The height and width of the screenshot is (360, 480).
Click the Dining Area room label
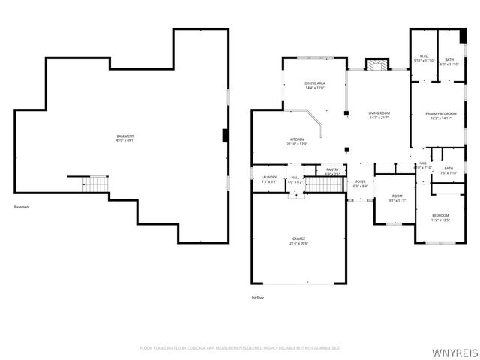coord(314,85)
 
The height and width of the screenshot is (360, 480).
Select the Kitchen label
coord(298,142)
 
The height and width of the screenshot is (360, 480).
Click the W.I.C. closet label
coord(424,58)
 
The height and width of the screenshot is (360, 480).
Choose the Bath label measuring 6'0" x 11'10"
coord(448,62)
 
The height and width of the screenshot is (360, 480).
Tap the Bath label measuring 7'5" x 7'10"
coord(448,171)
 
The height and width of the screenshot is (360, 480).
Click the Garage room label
coord(298,241)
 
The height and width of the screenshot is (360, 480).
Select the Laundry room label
coord(268,179)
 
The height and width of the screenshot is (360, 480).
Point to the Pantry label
coord(332,172)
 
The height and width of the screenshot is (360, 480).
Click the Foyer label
coord(360,184)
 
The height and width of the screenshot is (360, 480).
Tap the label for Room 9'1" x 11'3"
coord(397,199)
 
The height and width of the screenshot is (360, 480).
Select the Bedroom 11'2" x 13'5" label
coord(440,217)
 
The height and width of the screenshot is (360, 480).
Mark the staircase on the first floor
coord(323,184)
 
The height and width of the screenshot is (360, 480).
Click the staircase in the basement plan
coord(96,184)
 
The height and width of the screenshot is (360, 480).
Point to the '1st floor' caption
coord(257,298)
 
